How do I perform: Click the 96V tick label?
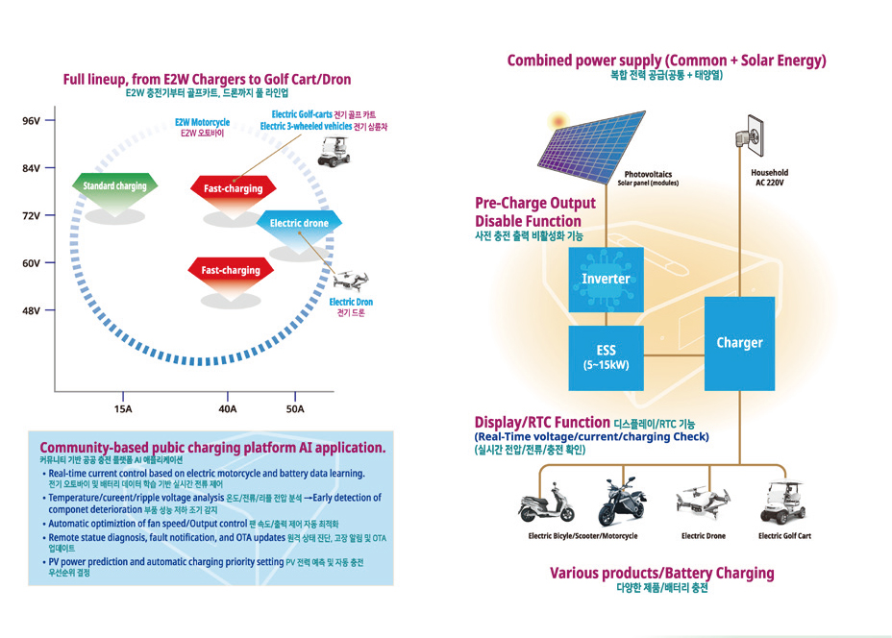click(x=31, y=121)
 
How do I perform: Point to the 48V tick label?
click(x=31, y=310)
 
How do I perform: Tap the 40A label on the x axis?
click(x=228, y=409)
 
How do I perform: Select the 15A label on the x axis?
click(x=123, y=409)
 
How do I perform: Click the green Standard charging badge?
click(x=114, y=186)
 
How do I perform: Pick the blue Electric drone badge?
click(x=299, y=224)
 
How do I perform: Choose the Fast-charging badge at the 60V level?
click(x=231, y=270)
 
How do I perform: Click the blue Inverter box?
click(x=606, y=279)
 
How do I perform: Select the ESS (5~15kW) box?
click(x=606, y=356)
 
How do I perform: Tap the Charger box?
click(x=739, y=343)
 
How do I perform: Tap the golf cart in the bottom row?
click(x=784, y=502)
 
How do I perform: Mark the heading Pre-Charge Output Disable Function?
click(x=535, y=212)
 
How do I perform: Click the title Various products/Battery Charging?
click(x=661, y=573)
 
